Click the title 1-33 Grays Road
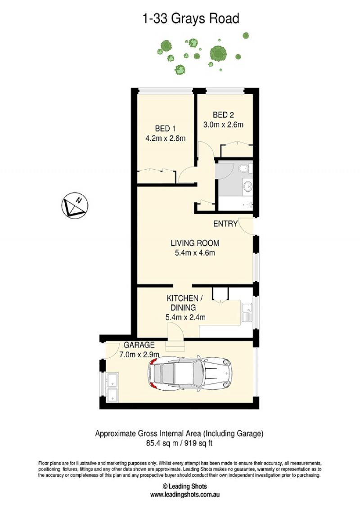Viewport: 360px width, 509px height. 191,19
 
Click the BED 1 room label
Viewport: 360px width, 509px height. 165,129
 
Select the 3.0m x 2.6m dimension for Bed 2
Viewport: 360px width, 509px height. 223,124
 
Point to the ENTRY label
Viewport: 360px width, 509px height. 225,224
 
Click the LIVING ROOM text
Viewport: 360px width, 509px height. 195,243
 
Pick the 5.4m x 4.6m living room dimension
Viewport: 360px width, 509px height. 195,252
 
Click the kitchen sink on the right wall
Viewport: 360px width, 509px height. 247,312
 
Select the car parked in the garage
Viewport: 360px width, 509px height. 190,373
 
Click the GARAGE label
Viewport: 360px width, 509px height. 139,345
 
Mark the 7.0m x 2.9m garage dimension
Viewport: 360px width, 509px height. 139,355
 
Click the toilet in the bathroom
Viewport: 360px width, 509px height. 244,168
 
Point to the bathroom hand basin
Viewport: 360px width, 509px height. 247,187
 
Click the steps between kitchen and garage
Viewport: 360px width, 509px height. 175,346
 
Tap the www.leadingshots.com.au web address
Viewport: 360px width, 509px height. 184,495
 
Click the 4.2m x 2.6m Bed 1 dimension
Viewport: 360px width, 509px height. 166,138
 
